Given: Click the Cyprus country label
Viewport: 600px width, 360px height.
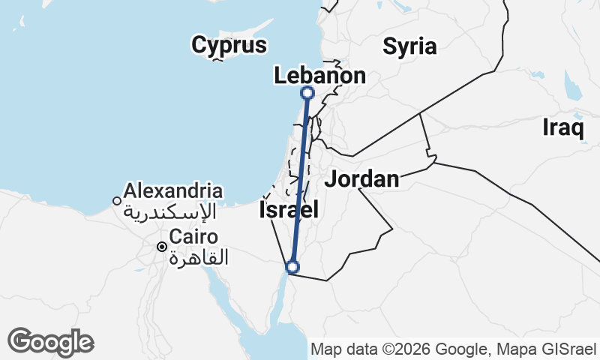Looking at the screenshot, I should [x=229, y=45].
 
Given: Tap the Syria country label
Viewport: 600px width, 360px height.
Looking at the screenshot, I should [x=409, y=46].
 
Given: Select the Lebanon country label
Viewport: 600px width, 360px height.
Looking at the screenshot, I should [x=320, y=76].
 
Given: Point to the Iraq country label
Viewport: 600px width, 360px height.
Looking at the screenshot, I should [x=562, y=128].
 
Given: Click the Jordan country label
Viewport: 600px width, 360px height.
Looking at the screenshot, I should [x=361, y=179].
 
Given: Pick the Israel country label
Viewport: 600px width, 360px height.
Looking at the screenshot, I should [x=289, y=210].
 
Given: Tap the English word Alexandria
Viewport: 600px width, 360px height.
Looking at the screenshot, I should [x=174, y=190].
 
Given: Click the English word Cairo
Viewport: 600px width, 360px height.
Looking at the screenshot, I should [x=193, y=238].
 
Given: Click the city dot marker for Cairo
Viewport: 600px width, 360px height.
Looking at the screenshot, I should [x=161, y=246].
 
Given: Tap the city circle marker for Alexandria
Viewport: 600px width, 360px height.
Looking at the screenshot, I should [x=117, y=200].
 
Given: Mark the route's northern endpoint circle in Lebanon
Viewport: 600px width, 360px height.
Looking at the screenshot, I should [x=307, y=93].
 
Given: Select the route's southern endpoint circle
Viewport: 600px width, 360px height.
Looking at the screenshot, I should [x=292, y=266].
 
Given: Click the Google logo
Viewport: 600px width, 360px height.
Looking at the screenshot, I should [x=50, y=342].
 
